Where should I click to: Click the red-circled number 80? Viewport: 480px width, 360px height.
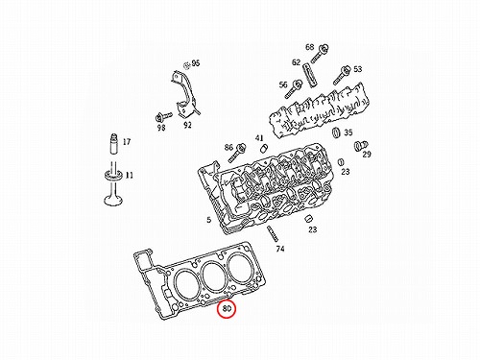(227, 309)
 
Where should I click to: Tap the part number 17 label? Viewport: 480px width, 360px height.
(127, 142)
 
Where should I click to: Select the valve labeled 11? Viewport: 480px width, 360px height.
(113, 183)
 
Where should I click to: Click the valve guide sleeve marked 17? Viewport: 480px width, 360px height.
(113, 144)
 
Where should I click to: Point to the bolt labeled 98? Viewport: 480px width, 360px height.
(164, 116)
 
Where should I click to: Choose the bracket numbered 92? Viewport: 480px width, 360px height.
(184, 94)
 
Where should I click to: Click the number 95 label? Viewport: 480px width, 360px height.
(195, 63)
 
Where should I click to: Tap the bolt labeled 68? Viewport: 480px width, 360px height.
(320, 54)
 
